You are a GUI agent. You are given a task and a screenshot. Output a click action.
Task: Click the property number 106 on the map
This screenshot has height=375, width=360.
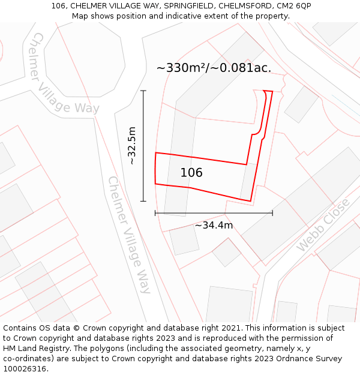click(191, 173)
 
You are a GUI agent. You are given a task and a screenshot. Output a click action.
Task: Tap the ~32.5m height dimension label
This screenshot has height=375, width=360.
click(132, 145)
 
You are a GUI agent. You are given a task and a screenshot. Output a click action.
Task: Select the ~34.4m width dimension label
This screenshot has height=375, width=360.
click(214, 226)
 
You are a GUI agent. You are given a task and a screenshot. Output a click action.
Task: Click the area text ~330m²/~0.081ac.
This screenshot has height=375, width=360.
click(214, 68)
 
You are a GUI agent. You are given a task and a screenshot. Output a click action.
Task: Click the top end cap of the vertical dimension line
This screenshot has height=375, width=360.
click(143, 91)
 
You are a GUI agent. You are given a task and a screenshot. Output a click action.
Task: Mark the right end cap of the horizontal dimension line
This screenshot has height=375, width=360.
click(272, 213)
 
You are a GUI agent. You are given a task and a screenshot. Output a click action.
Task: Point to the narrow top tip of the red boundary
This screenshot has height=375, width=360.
click(268, 92)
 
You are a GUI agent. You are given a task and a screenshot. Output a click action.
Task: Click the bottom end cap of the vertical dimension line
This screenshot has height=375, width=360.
click(143, 201)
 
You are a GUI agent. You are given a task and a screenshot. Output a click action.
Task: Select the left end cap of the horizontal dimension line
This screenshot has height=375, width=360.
click(155, 213)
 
